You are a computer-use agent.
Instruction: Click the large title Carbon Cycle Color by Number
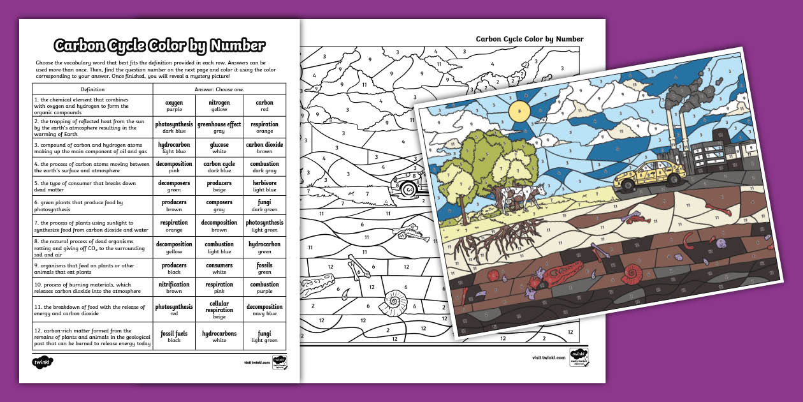point(159,46)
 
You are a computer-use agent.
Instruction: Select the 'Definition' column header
point(92,89)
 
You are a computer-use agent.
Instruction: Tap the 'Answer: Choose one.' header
point(219,89)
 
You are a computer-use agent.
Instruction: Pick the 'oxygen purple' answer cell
point(174,105)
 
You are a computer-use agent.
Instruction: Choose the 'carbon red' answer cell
point(264,105)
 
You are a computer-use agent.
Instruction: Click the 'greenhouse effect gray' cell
point(219,127)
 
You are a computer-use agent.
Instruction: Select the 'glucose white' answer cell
point(219,148)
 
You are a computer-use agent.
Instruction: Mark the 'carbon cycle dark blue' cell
point(219,167)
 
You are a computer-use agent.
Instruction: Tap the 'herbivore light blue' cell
point(264,186)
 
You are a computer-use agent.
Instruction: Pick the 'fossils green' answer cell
point(264,268)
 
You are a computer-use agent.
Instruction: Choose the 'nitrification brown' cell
point(174,287)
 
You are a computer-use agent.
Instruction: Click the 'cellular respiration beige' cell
point(219,309)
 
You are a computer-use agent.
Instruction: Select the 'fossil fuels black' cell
point(174,336)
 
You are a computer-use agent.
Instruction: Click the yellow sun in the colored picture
point(519,112)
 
